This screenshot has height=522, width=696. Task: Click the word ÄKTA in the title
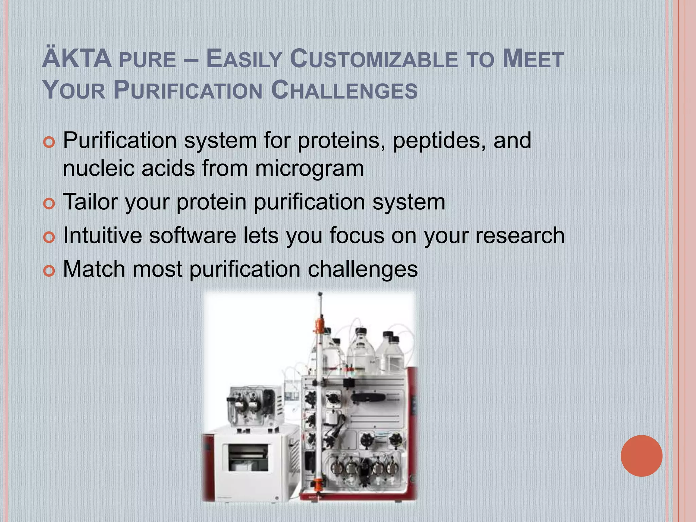77,59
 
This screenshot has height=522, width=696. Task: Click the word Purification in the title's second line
188,90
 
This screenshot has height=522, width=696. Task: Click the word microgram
309,168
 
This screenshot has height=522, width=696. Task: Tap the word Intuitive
103,235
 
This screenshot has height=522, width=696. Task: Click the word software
193,235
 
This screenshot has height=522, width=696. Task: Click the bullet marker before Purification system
49,143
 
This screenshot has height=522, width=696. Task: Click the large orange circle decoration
641,456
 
